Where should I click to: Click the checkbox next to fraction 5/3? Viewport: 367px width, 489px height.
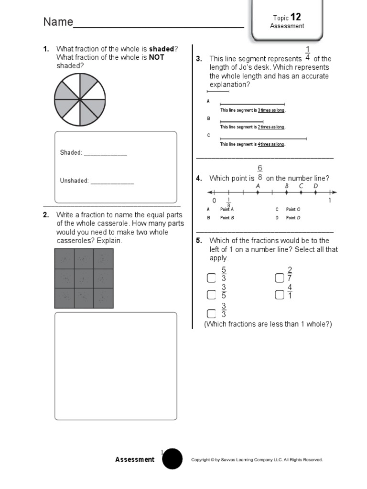tap(211, 278)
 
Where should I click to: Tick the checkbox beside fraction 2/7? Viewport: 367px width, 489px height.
tap(280, 278)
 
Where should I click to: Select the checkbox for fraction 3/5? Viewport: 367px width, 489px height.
tap(211, 295)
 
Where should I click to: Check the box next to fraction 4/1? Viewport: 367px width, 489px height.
tap(280, 295)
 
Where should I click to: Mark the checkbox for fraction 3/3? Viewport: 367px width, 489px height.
tap(211, 313)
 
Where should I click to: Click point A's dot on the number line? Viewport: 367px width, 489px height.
tap(258, 193)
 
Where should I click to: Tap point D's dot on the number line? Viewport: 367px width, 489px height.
tap(316, 193)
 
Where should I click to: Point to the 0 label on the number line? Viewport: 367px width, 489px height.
tap(215, 201)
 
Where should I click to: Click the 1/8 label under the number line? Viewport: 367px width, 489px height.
tap(228, 202)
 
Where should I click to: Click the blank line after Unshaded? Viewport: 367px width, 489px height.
tap(112, 182)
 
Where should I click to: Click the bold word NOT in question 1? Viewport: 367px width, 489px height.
tap(156, 57)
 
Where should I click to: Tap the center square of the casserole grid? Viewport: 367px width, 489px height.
tap(84, 278)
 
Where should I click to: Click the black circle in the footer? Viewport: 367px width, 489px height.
tap(172, 459)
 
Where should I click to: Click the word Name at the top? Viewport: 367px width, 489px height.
tap(58, 22)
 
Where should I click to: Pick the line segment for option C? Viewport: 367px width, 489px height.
tap(263, 139)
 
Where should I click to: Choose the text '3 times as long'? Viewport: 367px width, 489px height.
tap(271, 110)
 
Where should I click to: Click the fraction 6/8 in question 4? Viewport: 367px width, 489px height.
tap(260, 172)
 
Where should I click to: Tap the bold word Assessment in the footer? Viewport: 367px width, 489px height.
tap(135, 459)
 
